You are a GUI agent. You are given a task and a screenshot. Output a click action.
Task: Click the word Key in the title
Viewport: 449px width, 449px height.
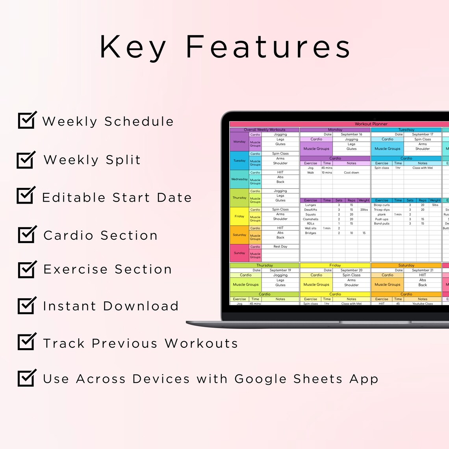coord(133,47)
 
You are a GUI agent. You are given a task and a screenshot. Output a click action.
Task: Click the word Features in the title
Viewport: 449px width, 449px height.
coord(268,47)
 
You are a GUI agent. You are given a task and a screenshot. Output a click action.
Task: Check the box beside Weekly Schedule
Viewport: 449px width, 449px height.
coord(27,120)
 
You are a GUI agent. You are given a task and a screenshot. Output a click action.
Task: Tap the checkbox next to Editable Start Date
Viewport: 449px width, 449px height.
coord(26,196)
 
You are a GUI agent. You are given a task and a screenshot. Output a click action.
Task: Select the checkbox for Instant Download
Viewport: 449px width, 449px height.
coord(27,305)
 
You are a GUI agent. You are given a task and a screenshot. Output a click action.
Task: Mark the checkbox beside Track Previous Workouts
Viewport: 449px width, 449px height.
coord(27,341)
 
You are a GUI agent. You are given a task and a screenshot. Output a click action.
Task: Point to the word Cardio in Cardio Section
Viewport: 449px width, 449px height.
coord(68,236)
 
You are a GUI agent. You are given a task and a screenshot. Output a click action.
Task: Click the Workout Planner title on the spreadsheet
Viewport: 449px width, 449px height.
coord(371,124)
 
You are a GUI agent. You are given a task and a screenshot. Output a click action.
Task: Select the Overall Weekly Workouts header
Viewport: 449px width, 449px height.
coord(264,130)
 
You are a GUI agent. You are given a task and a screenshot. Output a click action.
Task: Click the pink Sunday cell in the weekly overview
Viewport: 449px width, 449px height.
coord(239,253)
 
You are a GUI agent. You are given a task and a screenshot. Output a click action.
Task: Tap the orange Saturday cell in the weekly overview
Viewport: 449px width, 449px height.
coord(239,235)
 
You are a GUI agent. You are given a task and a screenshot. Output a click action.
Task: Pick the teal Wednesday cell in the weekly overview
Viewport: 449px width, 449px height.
coord(239,179)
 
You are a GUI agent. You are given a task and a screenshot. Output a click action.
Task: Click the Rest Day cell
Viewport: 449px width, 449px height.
coord(280,247)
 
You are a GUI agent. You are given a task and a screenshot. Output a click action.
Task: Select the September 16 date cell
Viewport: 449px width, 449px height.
coord(351,134)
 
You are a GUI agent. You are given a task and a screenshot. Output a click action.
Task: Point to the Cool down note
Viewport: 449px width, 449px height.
coord(351,173)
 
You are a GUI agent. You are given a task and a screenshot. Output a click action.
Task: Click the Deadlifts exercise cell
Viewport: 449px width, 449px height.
coord(310,210)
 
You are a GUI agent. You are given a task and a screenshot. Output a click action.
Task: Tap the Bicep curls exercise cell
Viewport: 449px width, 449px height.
coord(382,205)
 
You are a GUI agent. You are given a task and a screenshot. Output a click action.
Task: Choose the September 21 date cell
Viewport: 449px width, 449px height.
coord(422,270)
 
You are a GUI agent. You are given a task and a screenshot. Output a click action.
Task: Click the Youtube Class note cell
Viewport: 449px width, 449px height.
coord(422,304)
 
